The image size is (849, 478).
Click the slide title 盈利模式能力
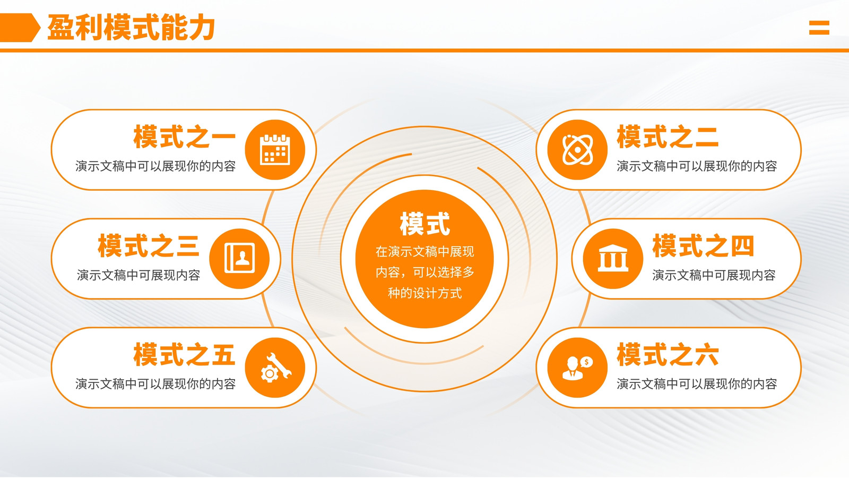pyautogui.click(x=131, y=27)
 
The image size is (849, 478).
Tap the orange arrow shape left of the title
pyautogui.click(x=20, y=27)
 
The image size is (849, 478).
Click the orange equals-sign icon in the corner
pyautogui.click(x=819, y=27)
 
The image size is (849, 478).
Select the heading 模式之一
pyautogui.click(x=185, y=136)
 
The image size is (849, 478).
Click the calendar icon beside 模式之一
pyautogui.click(x=275, y=150)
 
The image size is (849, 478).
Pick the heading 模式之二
pyautogui.click(x=668, y=136)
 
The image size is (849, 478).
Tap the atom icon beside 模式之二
pyautogui.click(x=577, y=150)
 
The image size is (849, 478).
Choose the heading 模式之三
pyautogui.click(x=149, y=246)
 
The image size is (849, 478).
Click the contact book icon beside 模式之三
pyautogui.click(x=239, y=258)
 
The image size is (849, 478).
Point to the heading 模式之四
pyautogui.click(x=703, y=246)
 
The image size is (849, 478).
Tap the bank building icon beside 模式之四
pyautogui.click(x=613, y=258)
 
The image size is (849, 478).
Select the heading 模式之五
pyautogui.click(x=185, y=355)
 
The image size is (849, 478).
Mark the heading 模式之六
pyautogui.click(x=668, y=355)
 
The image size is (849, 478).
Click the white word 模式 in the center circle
pyautogui.click(x=425, y=224)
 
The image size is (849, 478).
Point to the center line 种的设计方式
pyautogui.click(x=425, y=293)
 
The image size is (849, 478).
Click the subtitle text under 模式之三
pyautogui.click(x=138, y=275)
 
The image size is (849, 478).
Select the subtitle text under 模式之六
pyautogui.click(x=697, y=384)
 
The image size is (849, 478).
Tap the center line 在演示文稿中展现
pyautogui.click(x=425, y=252)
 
